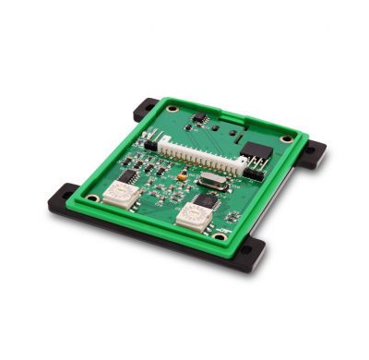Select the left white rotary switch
point(117,195)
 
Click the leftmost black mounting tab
point(63,197)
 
